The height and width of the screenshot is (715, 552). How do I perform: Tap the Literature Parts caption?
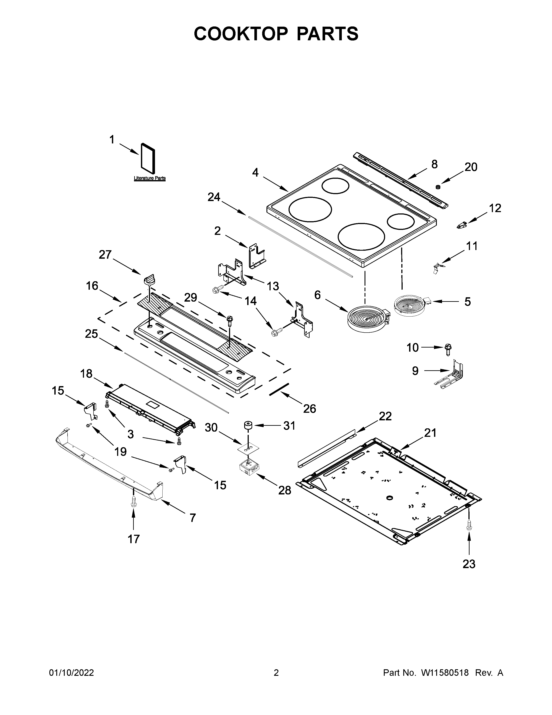tap(150, 178)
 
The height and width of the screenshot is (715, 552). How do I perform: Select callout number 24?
tap(214, 197)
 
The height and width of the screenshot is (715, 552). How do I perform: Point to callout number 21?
tap(430, 433)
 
